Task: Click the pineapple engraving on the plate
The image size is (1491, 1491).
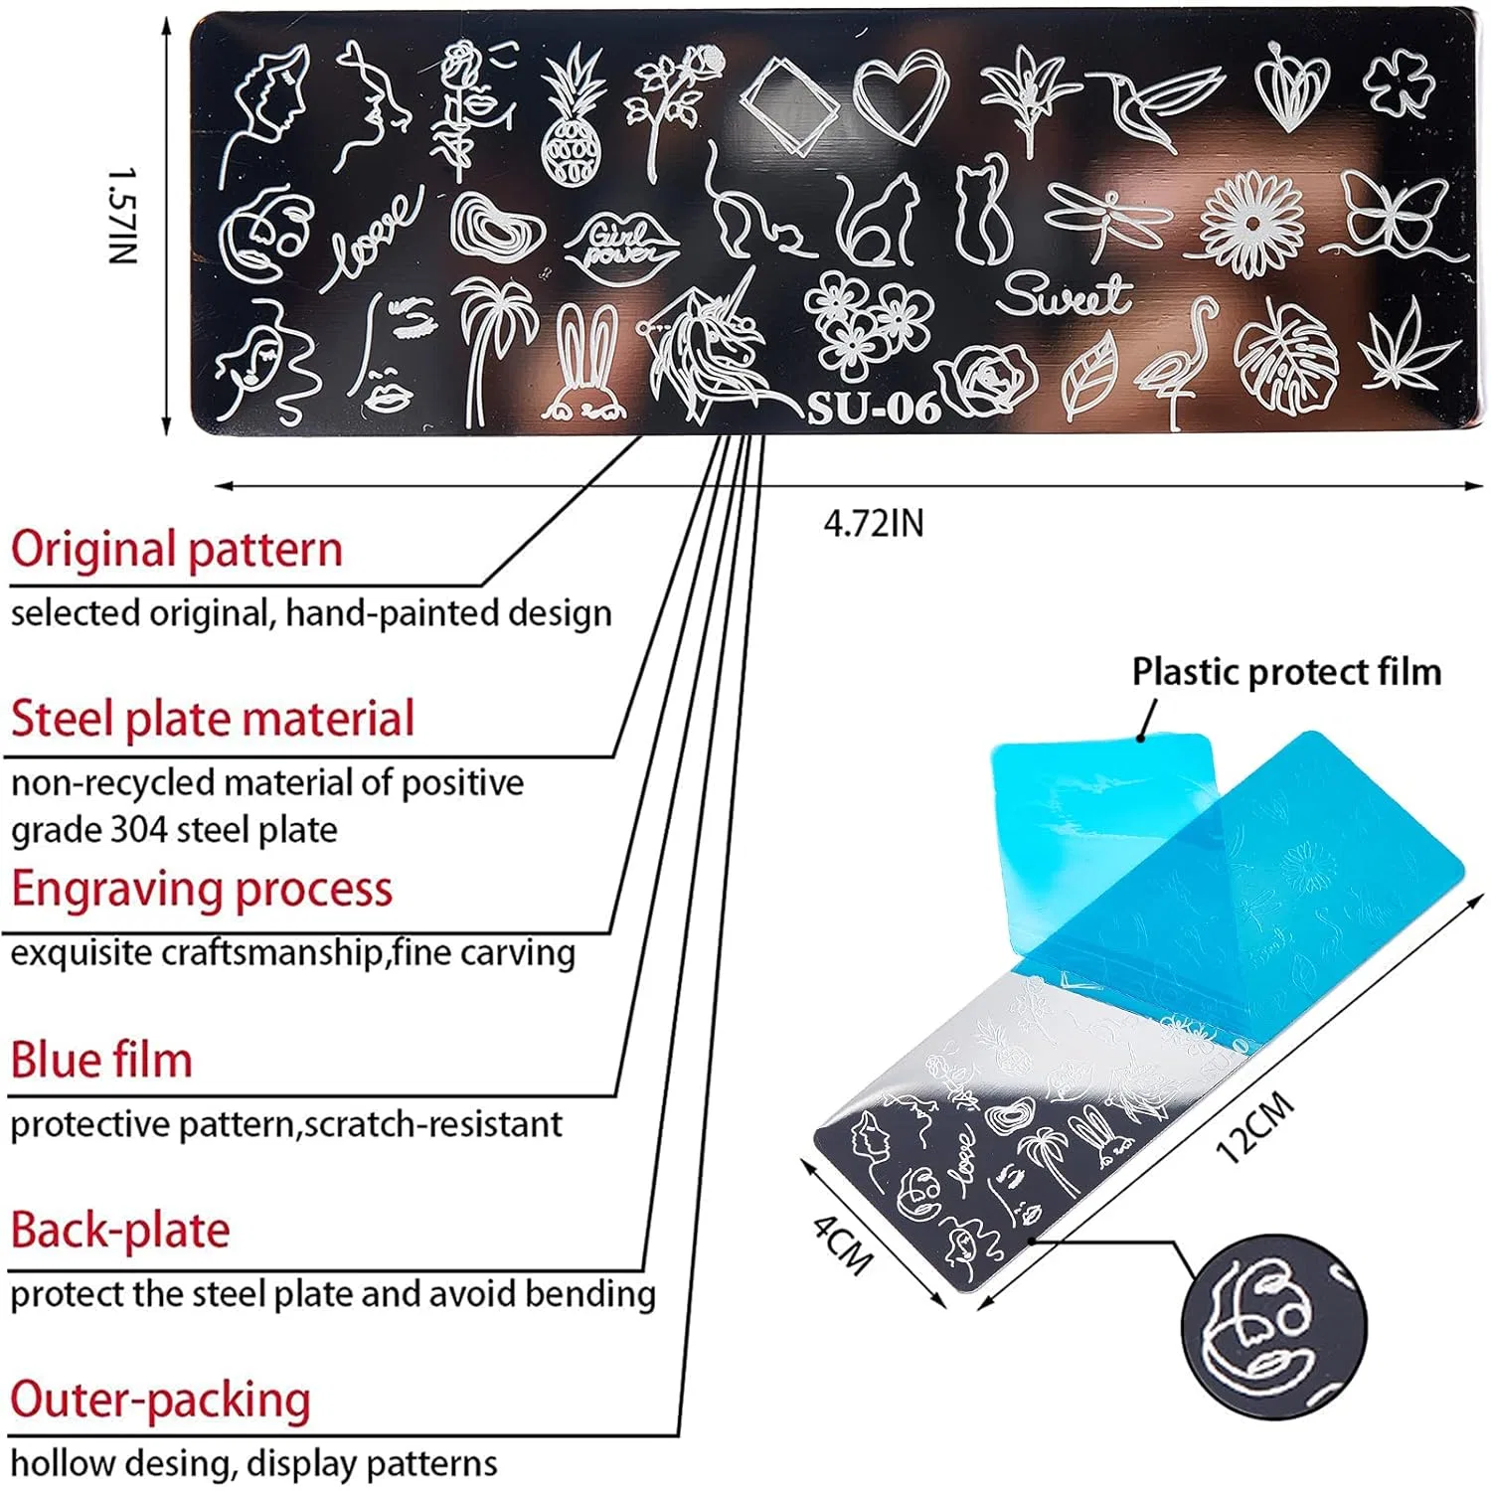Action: point(574,117)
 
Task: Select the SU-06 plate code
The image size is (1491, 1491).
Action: point(873,407)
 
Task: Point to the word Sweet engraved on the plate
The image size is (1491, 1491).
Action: point(1064,293)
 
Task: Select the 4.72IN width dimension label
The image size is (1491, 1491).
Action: point(874,523)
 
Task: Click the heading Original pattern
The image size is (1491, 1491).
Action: point(177,550)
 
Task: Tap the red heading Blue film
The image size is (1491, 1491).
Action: point(101,1060)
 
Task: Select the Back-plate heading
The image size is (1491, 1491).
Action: point(120,1231)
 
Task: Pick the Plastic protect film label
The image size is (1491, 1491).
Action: point(1287,672)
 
